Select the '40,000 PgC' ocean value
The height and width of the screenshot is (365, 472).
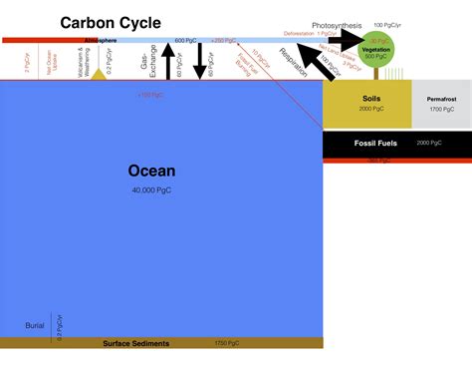(152, 189)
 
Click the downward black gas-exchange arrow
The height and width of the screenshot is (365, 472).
(199, 62)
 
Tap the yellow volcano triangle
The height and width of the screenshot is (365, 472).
(99, 75)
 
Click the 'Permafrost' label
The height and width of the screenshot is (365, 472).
(441, 99)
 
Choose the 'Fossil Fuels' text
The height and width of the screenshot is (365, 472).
(375, 144)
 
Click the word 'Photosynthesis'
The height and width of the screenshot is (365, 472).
(339, 24)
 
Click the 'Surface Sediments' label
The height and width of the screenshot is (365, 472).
(136, 344)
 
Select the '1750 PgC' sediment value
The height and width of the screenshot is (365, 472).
(227, 344)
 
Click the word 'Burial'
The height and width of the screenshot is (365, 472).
(35, 325)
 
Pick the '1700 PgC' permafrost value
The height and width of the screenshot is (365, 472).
(441, 109)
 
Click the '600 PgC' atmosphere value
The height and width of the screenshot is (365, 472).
(185, 40)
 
